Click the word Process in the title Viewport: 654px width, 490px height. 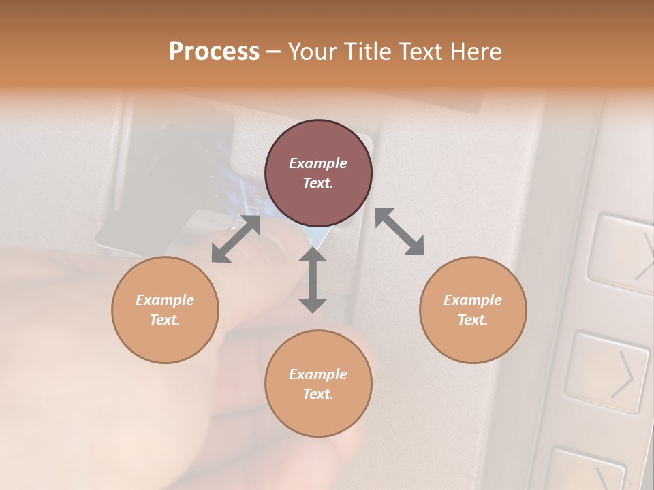click(214, 52)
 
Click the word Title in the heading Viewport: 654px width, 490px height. click(365, 52)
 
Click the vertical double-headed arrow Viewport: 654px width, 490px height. click(312, 280)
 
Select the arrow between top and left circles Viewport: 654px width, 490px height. click(236, 239)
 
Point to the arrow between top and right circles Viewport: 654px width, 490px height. click(400, 232)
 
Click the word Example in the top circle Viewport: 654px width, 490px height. click(318, 163)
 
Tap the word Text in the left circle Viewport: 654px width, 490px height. click(165, 320)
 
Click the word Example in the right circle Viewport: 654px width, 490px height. click(473, 300)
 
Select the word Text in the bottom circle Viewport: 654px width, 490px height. click(318, 394)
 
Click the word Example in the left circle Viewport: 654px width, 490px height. click(165, 300)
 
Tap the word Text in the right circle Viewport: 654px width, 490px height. click(473, 320)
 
